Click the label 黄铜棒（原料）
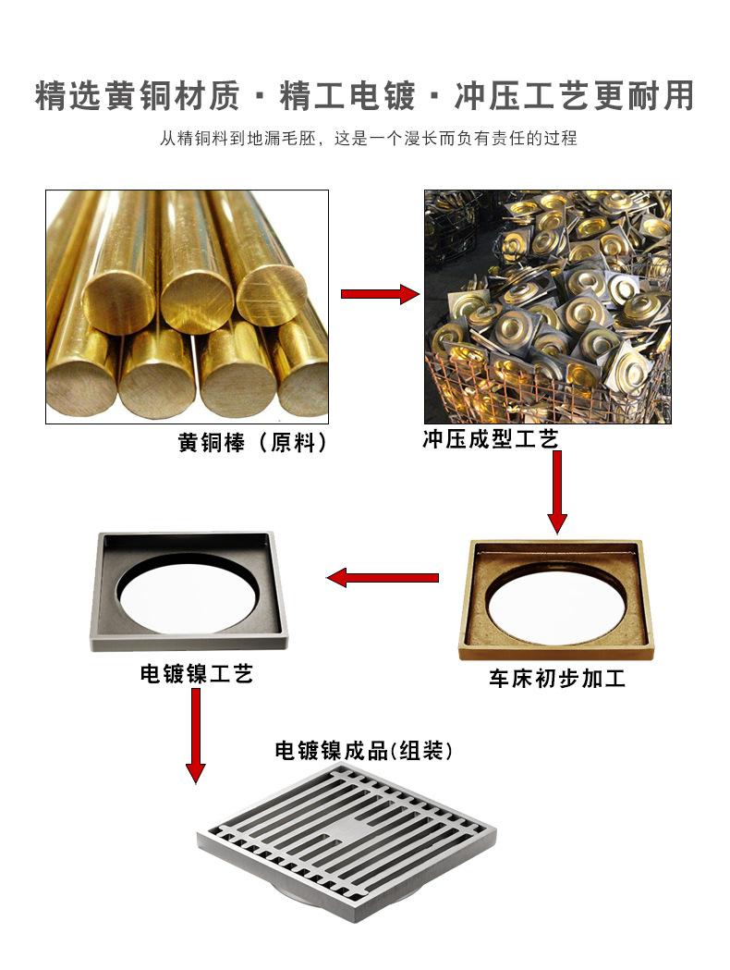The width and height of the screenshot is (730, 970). tap(252, 443)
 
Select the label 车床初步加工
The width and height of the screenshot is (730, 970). tap(556, 679)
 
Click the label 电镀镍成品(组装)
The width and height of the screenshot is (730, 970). tap(364, 750)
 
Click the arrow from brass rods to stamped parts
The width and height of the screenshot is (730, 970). tap(380, 294)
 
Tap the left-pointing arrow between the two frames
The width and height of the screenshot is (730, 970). tap(383, 579)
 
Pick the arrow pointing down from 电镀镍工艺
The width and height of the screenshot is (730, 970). tap(195, 735)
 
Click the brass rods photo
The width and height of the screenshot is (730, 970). tap(187, 306)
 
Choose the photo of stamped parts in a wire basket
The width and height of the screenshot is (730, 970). tap(547, 306)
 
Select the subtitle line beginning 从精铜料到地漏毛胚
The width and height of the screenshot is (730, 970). tap(367, 139)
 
